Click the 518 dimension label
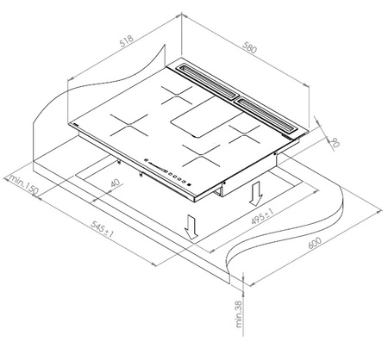(x=127, y=40)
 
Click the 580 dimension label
(x=249, y=47)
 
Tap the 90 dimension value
(x=335, y=142)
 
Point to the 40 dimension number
(x=115, y=183)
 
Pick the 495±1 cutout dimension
(x=262, y=216)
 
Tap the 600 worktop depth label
(x=315, y=243)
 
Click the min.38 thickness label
(x=238, y=313)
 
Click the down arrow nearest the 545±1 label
(x=191, y=227)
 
